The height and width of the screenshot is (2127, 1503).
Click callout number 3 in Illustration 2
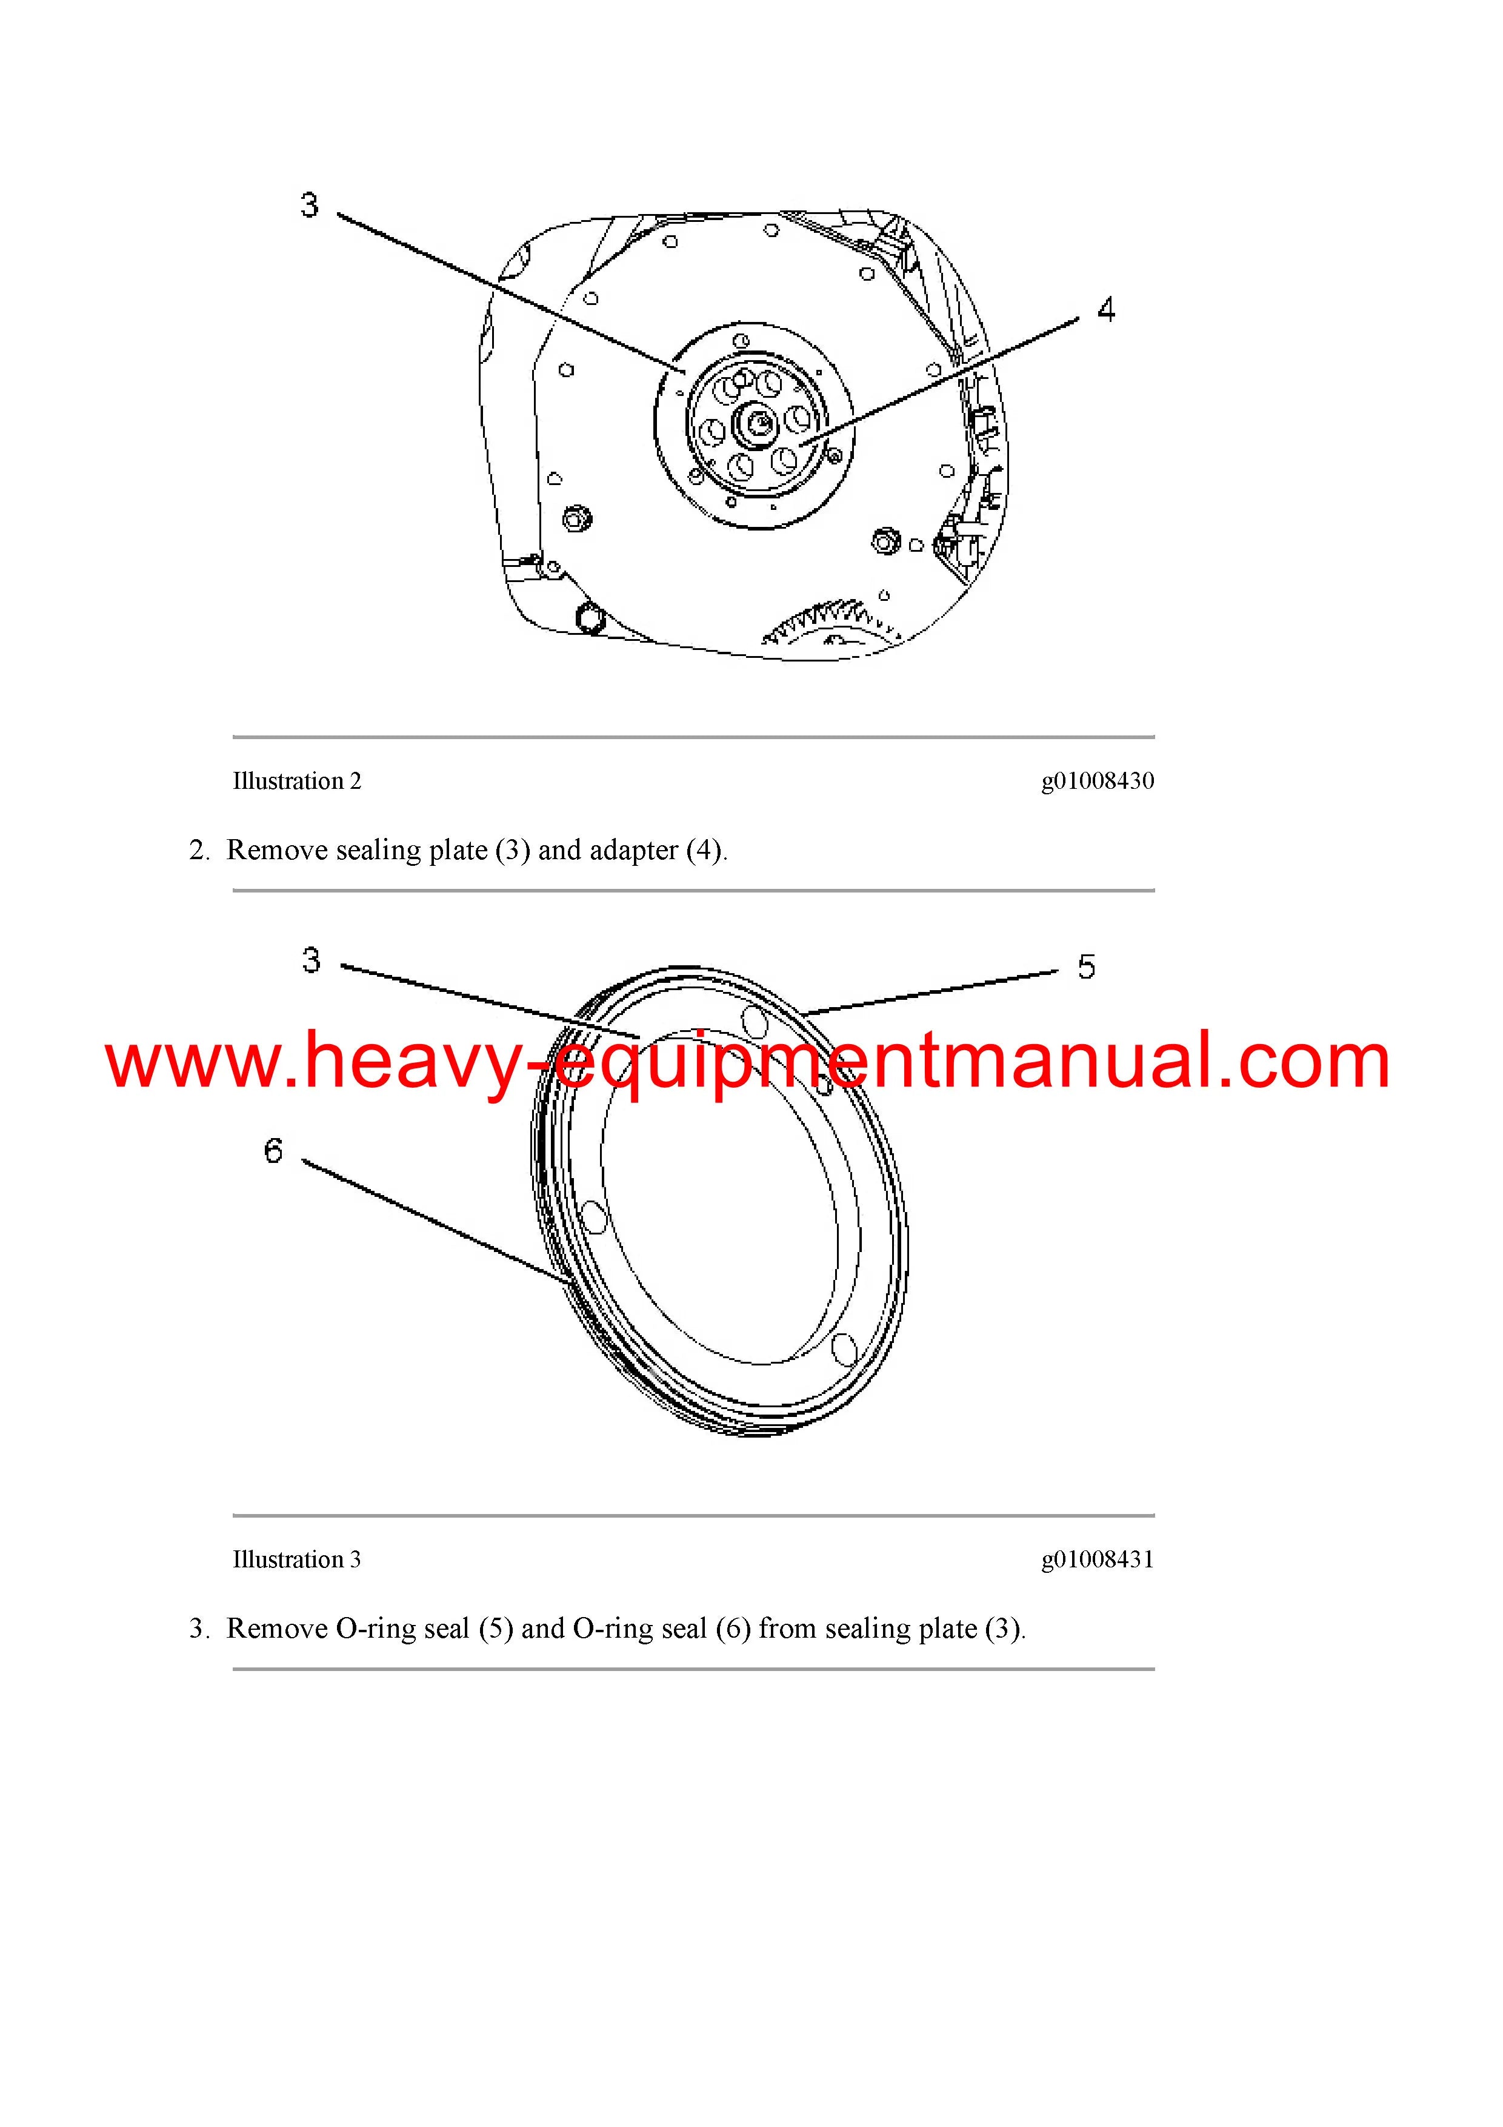coord(309,205)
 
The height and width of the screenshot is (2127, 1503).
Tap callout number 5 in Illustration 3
coord(1086,967)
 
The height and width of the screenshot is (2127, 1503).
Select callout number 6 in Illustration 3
coord(273,1151)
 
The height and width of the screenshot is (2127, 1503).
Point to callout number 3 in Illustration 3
coord(311,960)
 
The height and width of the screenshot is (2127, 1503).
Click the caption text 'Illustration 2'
coord(296,781)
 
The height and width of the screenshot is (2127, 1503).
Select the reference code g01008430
coord(1098,781)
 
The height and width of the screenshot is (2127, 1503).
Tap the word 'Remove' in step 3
coord(277,1629)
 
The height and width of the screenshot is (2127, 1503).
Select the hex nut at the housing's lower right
coord(886,538)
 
